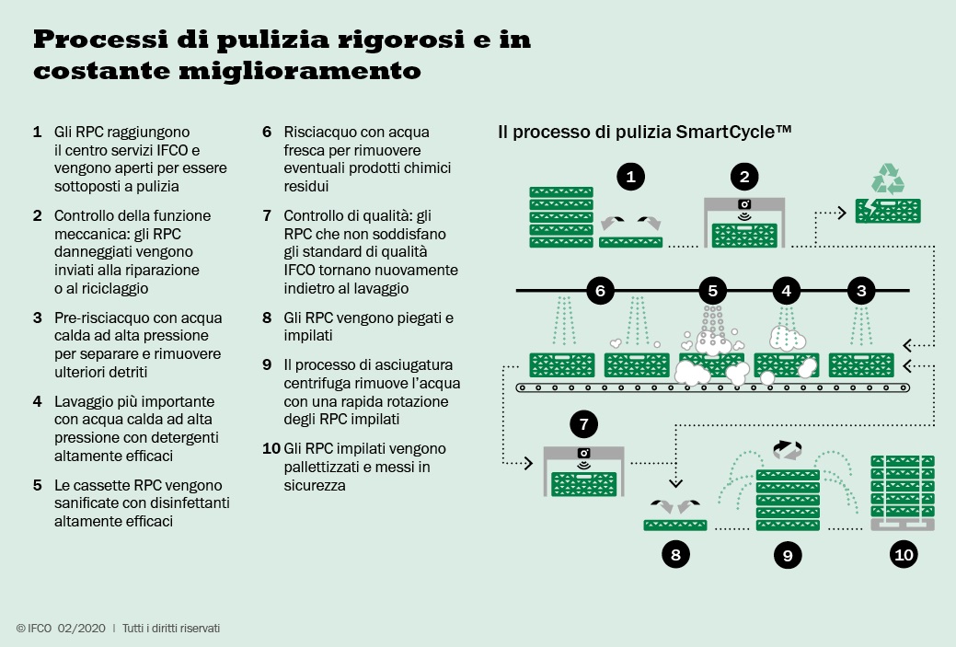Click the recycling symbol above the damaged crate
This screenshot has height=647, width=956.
[888, 178]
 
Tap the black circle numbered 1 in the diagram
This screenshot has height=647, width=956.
[630, 177]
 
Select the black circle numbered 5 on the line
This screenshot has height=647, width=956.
[712, 291]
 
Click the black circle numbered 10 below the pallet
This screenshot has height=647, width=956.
[903, 554]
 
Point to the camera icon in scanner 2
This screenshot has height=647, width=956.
[743, 205]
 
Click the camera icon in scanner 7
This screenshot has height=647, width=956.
[583, 453]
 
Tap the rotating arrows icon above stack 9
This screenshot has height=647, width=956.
[788, 450]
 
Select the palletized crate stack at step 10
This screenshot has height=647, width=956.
[903, 492]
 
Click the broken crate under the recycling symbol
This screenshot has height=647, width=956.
[888, 211]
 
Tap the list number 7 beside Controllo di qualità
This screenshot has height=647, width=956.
[267, 215]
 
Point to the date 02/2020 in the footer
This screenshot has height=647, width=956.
[82, 628]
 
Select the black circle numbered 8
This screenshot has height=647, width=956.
[675, 554]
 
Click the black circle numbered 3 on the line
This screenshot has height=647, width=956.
[861, 291]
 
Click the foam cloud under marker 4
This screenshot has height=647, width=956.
[788, 337]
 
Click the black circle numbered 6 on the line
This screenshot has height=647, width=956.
[600, 291]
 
